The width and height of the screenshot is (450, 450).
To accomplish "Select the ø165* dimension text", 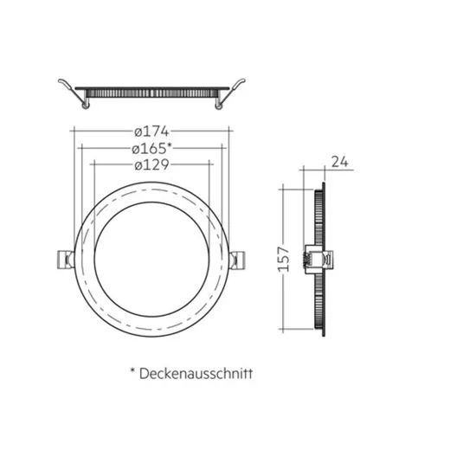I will (x=153, y=148).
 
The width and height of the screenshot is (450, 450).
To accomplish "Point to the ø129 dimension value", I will (x=151, y=165).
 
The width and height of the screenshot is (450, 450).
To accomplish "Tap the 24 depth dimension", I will (x=338, y=160).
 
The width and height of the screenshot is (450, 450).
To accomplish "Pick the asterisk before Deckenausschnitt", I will (x=132, y=371).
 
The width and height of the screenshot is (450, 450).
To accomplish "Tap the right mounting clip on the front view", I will (x=241, y=258).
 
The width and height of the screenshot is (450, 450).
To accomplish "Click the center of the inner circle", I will (x=151, y=258).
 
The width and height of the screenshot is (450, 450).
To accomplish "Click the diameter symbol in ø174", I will (x=138, y=132).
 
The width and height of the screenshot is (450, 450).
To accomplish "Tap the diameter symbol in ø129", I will (x=138, y=165).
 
